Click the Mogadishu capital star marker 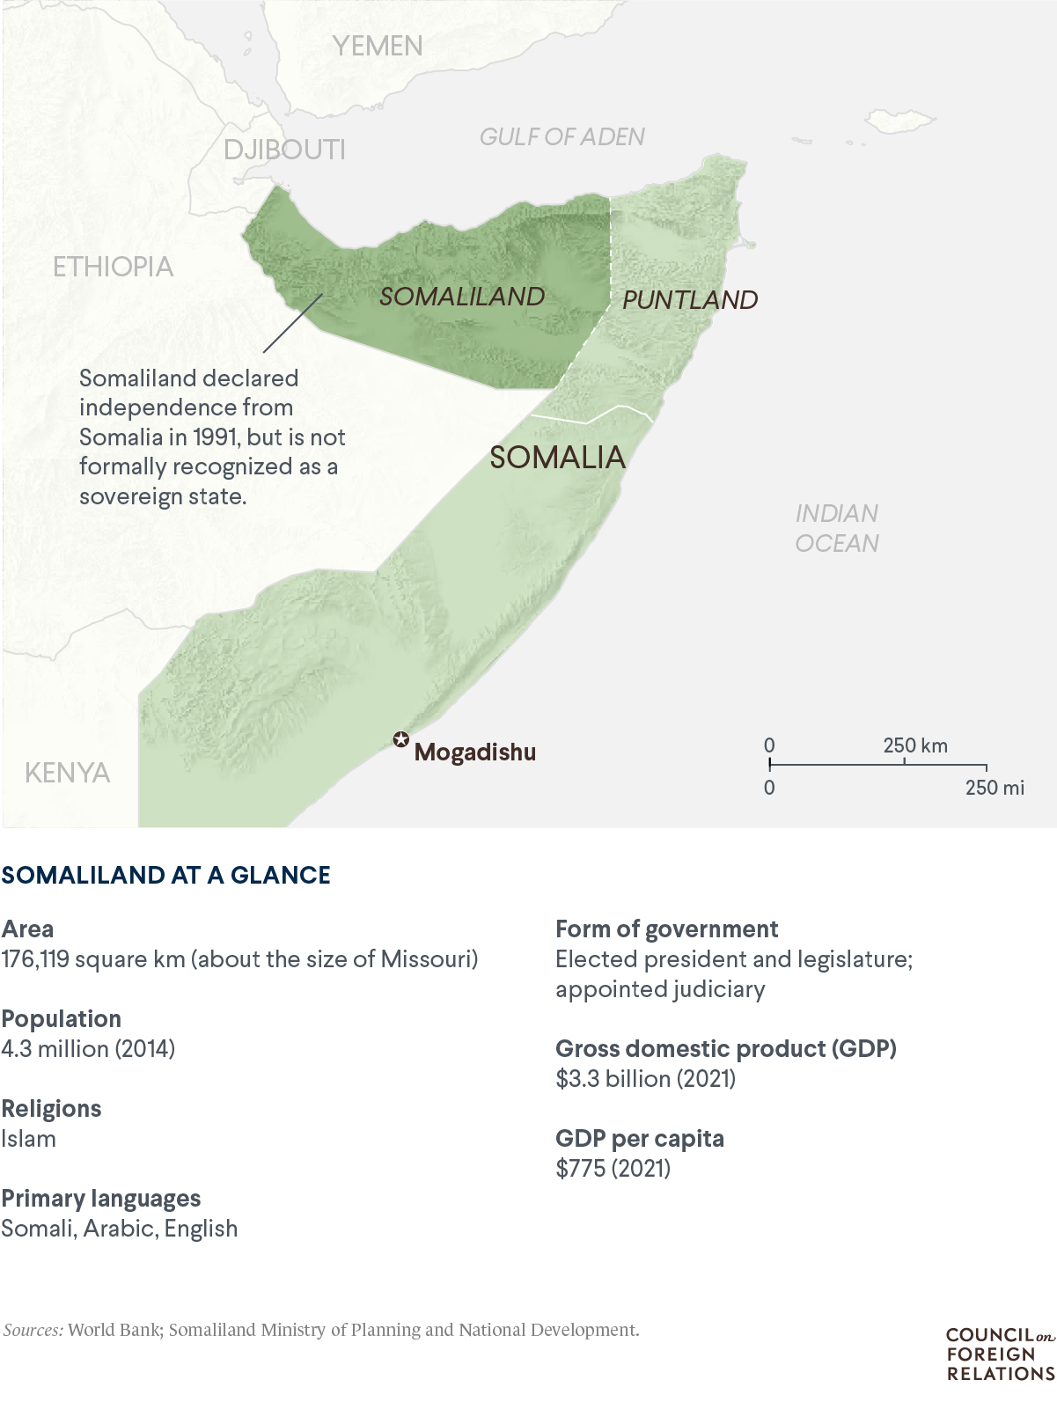(401, 739)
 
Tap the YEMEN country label (378, 46)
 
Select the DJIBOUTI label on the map (284, 150)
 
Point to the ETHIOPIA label (113, 267)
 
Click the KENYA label (67, 773)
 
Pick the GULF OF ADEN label (562, 136)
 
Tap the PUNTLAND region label (690, 300)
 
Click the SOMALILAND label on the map (462, 297)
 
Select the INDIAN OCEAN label (837, 528)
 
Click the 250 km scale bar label (915, 745)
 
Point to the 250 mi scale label (995, 788)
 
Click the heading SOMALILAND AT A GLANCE (165, 875)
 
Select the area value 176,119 (35, 959)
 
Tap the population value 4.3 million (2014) (88, 1049)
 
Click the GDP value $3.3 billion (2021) (645, 1079)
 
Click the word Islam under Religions (28, 1139)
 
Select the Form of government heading (666, 929)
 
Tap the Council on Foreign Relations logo (1000, 1354)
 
